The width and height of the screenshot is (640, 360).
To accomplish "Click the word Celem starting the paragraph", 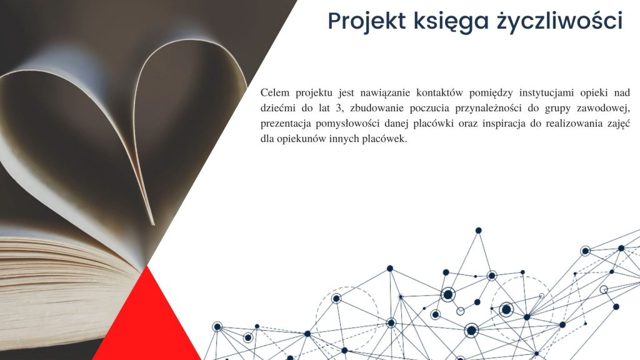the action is coord(275,92).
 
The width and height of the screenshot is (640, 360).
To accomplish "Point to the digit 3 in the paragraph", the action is coord(337,108).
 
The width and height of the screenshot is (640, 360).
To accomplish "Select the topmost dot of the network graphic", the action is coord(478,231).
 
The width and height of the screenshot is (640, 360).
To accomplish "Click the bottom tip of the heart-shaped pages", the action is coord(153,224).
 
